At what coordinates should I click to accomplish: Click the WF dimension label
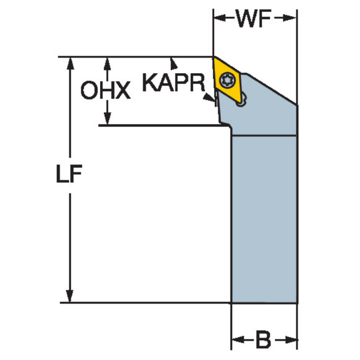pyautogui.click(x=254, y=19)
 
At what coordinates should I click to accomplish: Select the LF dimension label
pyautogui.click(x=69, y=173)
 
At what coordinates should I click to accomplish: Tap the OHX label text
pyautogui.click(x=106, y=90)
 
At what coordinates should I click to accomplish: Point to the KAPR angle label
pyautogui.click(x=173, y=82)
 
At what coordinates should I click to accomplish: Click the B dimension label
pyautogui.click(x=263, y=340)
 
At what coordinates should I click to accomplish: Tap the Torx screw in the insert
pyautogui.click(x=226, y=80)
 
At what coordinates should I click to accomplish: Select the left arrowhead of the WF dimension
pyautogui.click(x=220, y=17)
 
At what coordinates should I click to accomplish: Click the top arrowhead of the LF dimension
pyautogui.click(x=70, y=63)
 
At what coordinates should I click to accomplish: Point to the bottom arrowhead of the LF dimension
pyautogui.click(x=70, y=296)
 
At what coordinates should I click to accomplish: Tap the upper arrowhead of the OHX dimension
pyautogui.click(x=107, y=64)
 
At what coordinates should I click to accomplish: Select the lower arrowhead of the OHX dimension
pyautogui.click(x=107, y=118)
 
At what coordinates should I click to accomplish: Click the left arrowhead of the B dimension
pyautogui.click(x=238, y=340)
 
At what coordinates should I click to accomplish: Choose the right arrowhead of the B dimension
pyautogui.click(x=291, y=340)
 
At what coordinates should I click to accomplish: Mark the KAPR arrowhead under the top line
pyautogui.click(x=173, y=64)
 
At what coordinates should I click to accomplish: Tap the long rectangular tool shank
pyautogui.click(x=264, y=219)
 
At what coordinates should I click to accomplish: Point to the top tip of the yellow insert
pyautogui.click(x=214, y=57)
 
